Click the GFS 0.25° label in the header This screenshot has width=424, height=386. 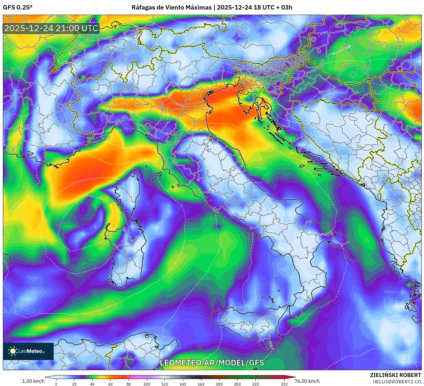[x=18, y=7]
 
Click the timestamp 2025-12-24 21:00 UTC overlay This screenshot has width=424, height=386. [x=51, y=28]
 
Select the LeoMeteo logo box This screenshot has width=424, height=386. [x=28, y=351]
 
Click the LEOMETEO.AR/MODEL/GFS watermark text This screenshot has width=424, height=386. [x=212, y=363]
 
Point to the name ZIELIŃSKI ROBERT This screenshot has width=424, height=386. [x=395, y=375]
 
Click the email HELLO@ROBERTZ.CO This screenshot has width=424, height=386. [x=397, y=381]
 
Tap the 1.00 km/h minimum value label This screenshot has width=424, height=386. [x=33, y=381]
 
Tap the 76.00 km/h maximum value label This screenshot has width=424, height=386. [x=307, y=381]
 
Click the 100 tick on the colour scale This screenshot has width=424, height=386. [x=147, y=384]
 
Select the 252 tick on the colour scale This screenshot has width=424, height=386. [x=284, y=384]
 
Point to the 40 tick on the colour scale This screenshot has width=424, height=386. [x=92, y=384]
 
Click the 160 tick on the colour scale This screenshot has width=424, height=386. [x=201, y=384]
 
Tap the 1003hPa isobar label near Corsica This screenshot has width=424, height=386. [x=95, y=197]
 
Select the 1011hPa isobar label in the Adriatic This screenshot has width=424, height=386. [x=261, y=167]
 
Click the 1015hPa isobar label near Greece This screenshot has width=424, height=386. [x=390, y=292]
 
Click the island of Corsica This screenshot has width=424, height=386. [x=129, y=192]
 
